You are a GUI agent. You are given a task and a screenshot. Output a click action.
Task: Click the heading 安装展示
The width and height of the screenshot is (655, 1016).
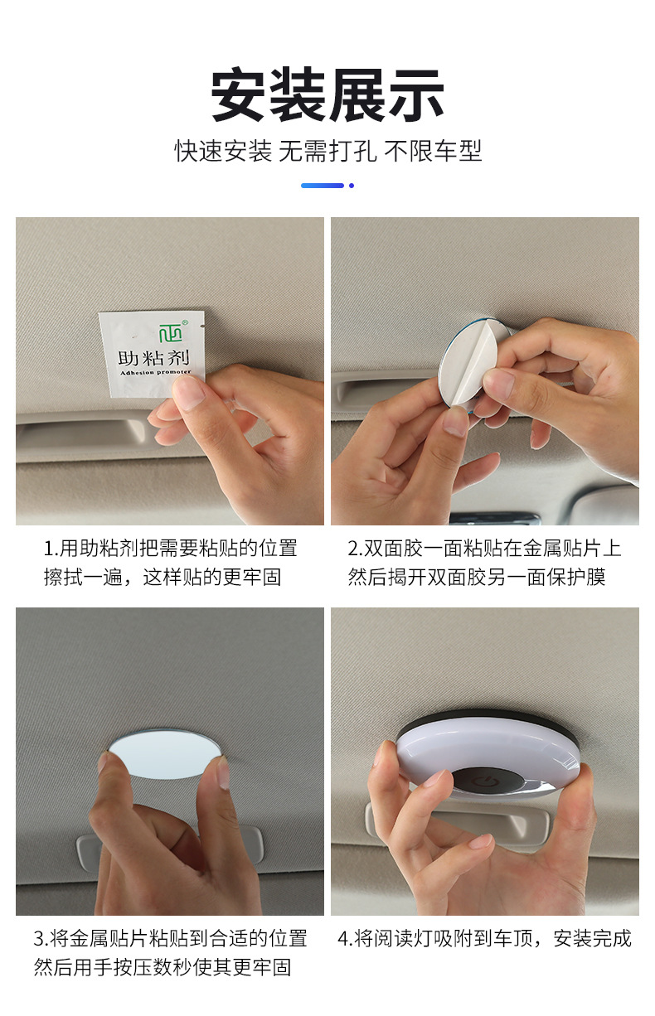point(327,94)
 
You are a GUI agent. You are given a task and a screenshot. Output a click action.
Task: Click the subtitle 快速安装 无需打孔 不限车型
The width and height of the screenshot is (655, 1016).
point(327,151)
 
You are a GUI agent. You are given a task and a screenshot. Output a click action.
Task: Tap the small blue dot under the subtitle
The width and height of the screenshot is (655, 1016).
point(352,186)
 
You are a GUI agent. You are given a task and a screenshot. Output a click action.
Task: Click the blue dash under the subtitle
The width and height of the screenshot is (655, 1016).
point(323,186)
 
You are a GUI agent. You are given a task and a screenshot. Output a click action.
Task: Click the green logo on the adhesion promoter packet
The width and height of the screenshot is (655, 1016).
point(171,332)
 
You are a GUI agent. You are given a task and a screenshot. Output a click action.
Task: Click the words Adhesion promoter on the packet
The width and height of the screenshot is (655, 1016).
point(155,372)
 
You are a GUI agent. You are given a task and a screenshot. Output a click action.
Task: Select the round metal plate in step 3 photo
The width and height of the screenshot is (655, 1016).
point(164,753)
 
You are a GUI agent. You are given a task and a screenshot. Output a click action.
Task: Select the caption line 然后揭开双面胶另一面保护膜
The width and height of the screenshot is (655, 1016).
point(477,577)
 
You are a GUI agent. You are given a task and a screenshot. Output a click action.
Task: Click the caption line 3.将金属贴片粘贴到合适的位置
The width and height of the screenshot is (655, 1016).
point(170,938)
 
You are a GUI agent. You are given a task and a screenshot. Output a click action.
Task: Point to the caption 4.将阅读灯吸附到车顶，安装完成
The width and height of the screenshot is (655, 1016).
point(484,938)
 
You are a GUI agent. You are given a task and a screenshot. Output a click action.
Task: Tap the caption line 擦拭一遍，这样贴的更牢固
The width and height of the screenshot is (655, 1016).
point(163,577)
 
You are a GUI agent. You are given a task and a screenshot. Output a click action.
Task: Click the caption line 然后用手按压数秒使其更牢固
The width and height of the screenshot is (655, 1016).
point(163,967)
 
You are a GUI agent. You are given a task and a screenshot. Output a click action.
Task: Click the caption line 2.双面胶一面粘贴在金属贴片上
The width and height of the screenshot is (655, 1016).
point(484,549)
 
